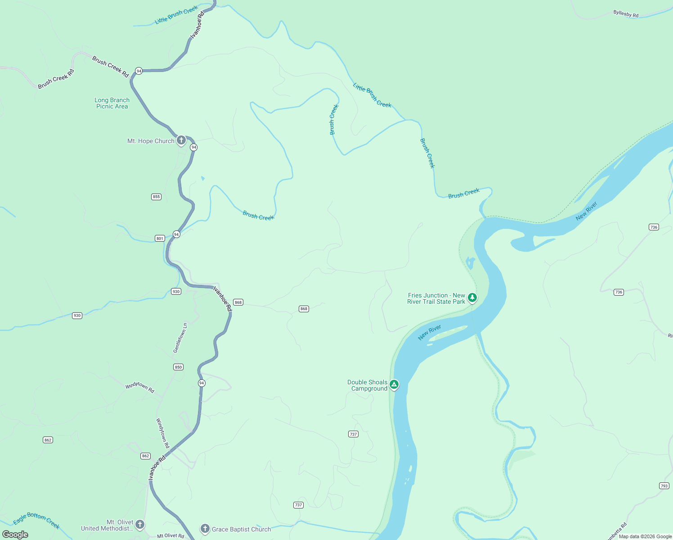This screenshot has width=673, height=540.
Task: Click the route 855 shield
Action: coord(156,197)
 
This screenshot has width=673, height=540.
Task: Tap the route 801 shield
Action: coord(160,238)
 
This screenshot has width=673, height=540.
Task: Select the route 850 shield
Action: coord(178,367)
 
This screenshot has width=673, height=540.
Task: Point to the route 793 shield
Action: coord(664,486)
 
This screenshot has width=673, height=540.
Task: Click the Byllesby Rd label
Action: coord(626,14)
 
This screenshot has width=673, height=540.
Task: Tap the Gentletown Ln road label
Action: coord(180,338)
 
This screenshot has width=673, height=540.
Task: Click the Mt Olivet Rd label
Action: coord(170,536)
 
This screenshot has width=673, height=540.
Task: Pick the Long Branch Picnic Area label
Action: coord(112,103)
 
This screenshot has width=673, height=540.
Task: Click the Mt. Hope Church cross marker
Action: coord(181,140)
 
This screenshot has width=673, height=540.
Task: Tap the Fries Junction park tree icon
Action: coord(472,297)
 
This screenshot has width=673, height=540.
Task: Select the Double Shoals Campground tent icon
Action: coord(394,384)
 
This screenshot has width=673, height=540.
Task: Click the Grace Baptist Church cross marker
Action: coord(205,529)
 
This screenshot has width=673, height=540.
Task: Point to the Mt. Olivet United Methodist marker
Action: coord(140,524)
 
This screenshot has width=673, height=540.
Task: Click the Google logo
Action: coord(15,535)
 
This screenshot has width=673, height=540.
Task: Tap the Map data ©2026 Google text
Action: coord(645,536)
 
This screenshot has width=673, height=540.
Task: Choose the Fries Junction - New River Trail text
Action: coord(436,299)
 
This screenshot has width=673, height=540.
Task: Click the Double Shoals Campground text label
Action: coord(368,386)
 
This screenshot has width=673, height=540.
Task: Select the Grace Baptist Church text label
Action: coord(242,529)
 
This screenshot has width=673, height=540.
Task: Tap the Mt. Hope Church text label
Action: coord(151,141)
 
